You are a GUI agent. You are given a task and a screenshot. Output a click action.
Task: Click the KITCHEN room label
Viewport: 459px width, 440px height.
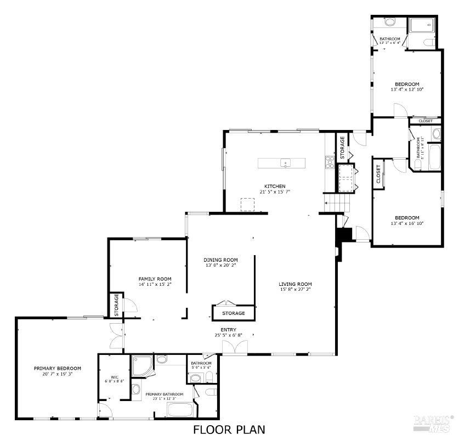274,186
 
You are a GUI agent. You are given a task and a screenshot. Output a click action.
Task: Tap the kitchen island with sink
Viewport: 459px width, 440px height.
282,162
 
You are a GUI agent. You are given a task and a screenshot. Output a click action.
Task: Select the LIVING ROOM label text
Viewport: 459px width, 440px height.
294,284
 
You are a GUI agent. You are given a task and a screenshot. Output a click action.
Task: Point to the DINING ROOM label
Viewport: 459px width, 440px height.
220,260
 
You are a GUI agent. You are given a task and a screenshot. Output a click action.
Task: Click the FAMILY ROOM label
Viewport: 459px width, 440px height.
155,279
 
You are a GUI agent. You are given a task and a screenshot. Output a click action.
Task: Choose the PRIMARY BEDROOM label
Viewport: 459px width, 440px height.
58,368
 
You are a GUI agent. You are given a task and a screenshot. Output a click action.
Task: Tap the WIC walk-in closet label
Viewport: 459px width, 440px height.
115,377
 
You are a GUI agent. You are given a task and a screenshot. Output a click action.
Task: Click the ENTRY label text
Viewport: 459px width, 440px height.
229,330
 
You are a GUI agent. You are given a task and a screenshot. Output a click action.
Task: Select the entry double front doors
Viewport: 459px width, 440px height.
234,347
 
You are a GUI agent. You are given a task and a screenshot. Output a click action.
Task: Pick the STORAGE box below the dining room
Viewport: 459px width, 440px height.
234,313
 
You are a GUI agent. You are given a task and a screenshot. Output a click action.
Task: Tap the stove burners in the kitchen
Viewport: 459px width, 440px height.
331,161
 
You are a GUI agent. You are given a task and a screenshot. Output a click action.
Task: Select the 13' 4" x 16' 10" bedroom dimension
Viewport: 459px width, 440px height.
407,223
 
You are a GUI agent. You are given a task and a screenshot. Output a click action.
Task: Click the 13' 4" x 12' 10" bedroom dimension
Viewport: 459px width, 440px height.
407,89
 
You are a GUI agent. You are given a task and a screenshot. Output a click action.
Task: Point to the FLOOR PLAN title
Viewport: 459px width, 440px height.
229,430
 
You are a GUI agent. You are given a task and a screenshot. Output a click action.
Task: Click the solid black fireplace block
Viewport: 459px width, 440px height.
343,234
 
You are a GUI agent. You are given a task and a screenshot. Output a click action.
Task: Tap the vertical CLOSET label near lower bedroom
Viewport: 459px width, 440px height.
378,174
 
